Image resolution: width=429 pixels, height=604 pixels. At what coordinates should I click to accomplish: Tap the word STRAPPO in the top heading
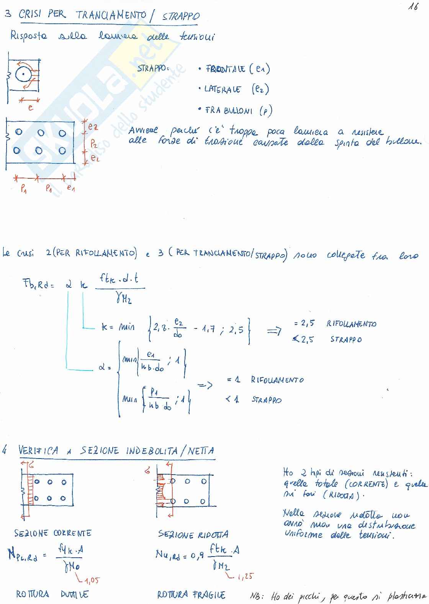181,16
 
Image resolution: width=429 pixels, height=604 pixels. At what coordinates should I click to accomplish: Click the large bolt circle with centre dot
24,74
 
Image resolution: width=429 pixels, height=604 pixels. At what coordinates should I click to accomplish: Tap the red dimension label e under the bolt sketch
31,108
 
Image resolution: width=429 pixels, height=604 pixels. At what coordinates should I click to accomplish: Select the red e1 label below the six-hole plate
70,188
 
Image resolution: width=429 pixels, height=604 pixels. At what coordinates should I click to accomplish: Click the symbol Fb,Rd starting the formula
38,284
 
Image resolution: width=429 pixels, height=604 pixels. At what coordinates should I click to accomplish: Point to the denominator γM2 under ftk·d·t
123,298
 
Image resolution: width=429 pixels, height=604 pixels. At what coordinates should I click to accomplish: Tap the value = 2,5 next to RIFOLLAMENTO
304,323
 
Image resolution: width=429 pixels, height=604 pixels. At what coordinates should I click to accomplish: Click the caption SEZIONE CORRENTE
53,533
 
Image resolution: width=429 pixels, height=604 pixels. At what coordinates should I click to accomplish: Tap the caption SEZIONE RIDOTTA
193,534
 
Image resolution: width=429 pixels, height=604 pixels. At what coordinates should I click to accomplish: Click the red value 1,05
92,580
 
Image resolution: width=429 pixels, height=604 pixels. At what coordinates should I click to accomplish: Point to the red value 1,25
246,576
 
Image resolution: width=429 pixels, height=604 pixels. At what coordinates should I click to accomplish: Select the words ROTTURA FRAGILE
191,594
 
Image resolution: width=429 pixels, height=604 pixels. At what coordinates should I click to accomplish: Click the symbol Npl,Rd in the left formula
23,555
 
